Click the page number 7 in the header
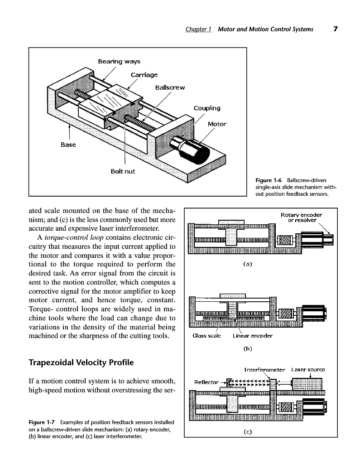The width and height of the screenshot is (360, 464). [336, 29]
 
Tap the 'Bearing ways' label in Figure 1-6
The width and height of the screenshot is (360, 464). [119, 61]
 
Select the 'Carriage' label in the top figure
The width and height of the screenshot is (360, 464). [144, 74]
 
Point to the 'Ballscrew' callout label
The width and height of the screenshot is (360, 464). [170, 87]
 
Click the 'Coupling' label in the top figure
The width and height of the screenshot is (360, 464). [207, 108]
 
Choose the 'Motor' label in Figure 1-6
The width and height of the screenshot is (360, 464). [217, 124]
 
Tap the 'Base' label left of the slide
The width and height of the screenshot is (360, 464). [68, 145]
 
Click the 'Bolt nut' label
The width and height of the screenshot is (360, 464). [123, 171]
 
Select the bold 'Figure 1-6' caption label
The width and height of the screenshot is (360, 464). [270, 180]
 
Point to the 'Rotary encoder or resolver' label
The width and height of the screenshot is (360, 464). [301, 217]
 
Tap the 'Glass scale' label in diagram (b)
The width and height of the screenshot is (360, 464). [206, 336]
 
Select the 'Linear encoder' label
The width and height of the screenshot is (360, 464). [252, 336]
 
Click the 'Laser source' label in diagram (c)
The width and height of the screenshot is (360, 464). [308, 369]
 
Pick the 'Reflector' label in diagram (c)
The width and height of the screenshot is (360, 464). [206, 382]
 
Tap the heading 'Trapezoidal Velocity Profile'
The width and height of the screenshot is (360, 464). [81, 363]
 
